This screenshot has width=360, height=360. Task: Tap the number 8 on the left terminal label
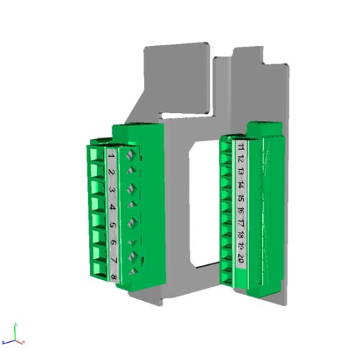point(114,276)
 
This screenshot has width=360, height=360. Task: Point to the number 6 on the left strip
point(113,243)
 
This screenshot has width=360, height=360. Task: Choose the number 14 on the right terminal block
point(241,186)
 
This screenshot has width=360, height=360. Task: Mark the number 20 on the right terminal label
point(241,261)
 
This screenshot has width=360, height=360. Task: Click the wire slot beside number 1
point(96,155)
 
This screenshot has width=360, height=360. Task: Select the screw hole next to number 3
point(131,189)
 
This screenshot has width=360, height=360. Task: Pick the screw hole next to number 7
point(133,256)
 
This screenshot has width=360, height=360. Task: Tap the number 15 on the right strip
point(241,199)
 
